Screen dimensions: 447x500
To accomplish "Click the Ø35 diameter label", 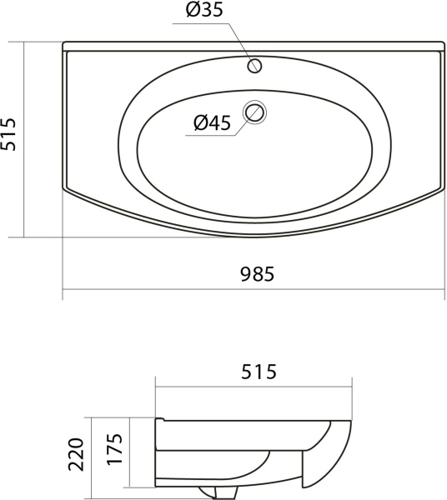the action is coord(204,10).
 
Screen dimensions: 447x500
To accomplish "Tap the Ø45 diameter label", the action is coord(212,122).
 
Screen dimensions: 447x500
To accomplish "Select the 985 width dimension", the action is coord(257,274).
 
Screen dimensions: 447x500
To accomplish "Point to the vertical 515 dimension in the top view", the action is coord(8,134).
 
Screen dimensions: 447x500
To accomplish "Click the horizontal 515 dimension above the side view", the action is coord(259,372).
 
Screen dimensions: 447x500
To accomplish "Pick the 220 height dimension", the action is coord(76,454).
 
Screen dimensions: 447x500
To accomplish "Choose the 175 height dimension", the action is coord(114,449).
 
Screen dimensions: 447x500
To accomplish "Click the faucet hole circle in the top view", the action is coord(254,66).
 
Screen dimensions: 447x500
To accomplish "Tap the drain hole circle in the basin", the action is coord(254,112).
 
